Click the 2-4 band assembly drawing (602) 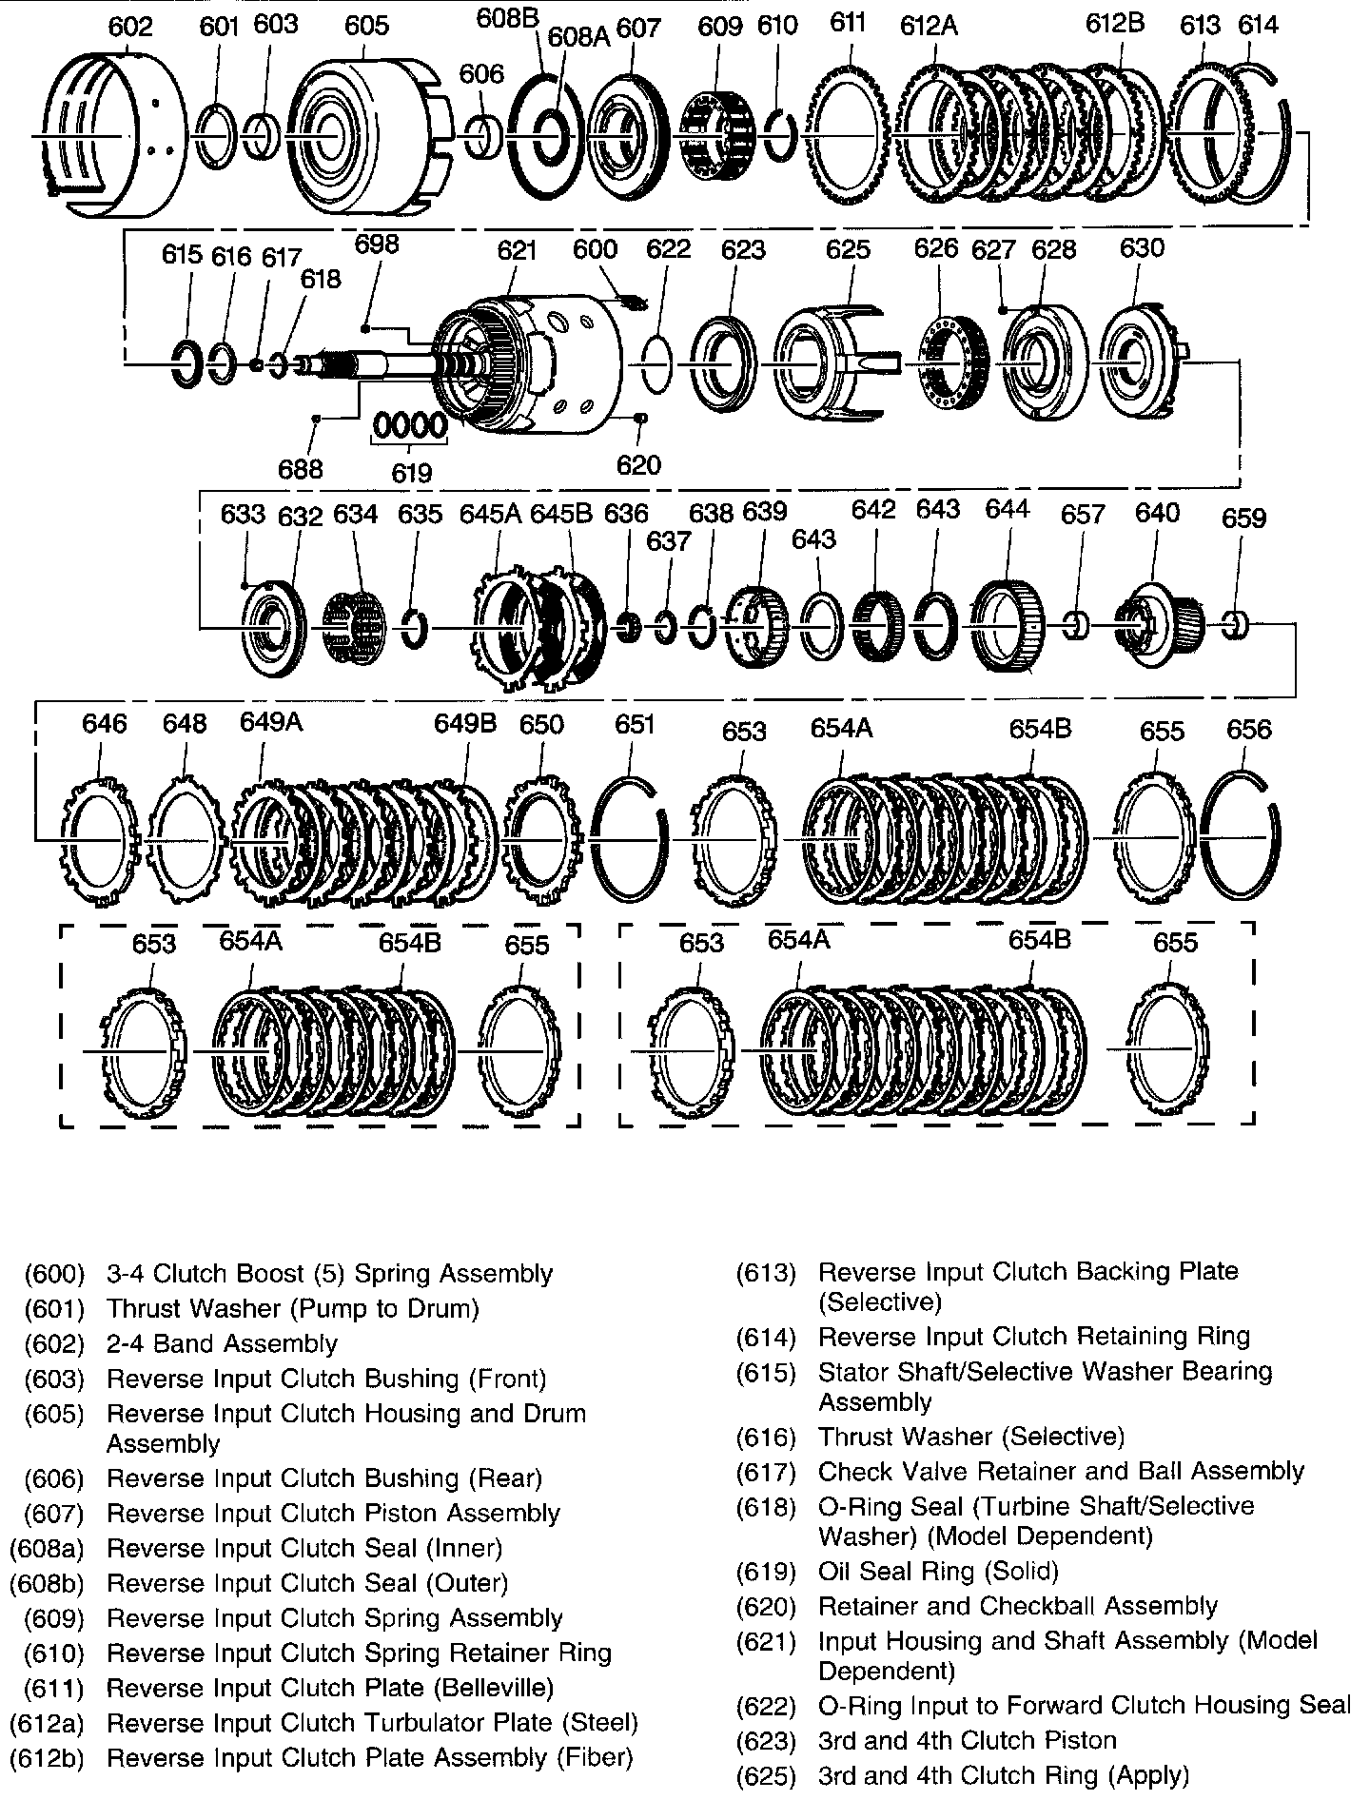(x=105, y=138)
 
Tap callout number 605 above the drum (x=366, y=25)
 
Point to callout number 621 (x=517, y=249)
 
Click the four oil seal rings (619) (x=409, y=425)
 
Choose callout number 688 (x=301, y=468)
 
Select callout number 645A (x=490, y=514)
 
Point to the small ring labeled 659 (x=1235, y=624)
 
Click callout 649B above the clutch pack (x=465, y=724)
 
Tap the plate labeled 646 (x=98, y=837)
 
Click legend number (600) (x=54, y=1274)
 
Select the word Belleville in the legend (x=491, y=1688)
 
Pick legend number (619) (x=766, y=1571)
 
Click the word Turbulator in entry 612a (x=436, y=1723)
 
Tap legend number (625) (x=766, y=1775)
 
